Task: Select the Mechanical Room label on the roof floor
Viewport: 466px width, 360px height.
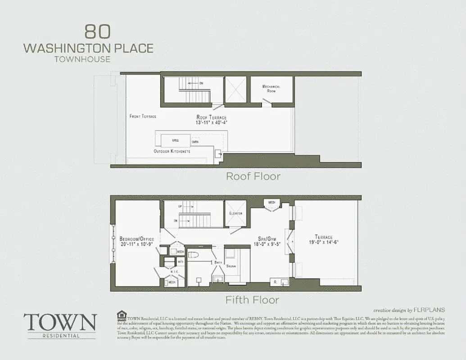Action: tap(271, 89)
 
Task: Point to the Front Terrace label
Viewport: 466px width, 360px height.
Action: tap(143, 116)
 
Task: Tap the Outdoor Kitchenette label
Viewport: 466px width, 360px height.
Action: tap(172, 152)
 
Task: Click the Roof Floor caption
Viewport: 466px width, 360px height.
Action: tap(253, 176)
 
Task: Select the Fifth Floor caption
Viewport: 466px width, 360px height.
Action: tap(253, 300)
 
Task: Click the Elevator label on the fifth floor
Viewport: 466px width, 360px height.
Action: tap(235, 213)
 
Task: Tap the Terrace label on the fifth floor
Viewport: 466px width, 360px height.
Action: tap(324, 242)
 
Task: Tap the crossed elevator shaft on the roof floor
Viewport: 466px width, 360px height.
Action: tap(235, 90)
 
